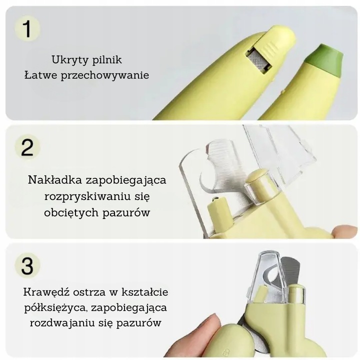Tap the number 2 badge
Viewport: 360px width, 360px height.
pyautogui.click(x=27, y=147)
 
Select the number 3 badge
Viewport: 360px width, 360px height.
pyautogui.click(x=27, y=265)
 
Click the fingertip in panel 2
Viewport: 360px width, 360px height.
pyautogui.click(x=345, y=231)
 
